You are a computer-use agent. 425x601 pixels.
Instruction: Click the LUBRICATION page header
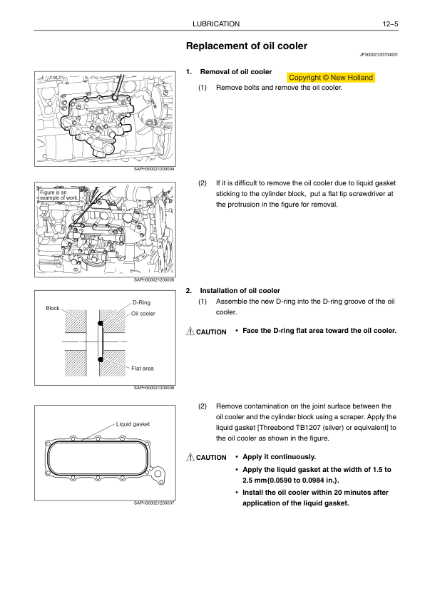[x=216, y=24]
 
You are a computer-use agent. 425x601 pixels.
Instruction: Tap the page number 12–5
[x=390, y=24]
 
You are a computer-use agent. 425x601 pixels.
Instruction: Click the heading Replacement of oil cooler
[x=247, y=46]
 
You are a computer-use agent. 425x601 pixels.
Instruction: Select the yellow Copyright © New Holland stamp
[x=331, y=78]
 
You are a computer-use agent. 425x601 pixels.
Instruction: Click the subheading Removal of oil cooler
[x=236, y=72]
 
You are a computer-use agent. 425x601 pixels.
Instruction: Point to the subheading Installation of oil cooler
[x=240, y=291]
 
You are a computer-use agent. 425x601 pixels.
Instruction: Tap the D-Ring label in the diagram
[x=141, y=302]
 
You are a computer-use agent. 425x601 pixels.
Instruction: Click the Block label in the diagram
[x=53, y=308]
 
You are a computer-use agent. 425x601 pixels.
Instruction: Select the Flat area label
[x=142, y=369]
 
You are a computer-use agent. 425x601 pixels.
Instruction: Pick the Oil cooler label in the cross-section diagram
[x=143, y=314]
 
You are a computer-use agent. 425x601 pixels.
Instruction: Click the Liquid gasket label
[x=133, y=424]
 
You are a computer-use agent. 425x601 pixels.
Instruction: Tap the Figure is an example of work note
[x=58, y=195]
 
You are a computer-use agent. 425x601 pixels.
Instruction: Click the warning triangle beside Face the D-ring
[x=190, y=332]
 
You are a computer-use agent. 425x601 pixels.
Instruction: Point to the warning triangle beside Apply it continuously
[x=190, y=457]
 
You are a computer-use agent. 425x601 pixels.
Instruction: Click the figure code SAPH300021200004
[x=154, y=169]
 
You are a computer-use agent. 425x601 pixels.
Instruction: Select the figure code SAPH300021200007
[x=154, y=503]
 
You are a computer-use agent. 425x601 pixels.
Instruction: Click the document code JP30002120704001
[x=379, y=55]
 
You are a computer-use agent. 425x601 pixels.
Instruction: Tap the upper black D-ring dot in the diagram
[x=101, y=323]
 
